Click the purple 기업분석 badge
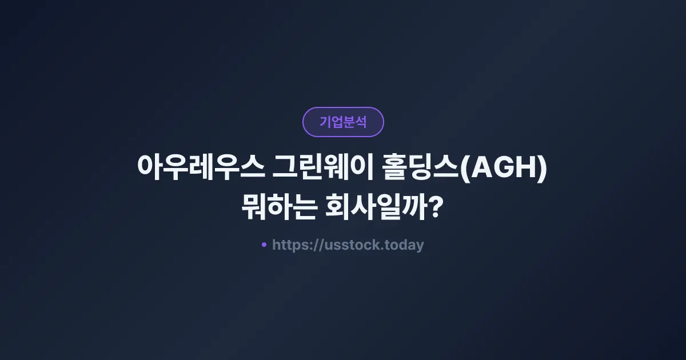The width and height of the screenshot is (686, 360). point(343,122)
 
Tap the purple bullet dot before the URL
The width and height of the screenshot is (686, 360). point(264,245)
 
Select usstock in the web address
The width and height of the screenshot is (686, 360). point(350,245)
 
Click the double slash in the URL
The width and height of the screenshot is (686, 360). point(319,246)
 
